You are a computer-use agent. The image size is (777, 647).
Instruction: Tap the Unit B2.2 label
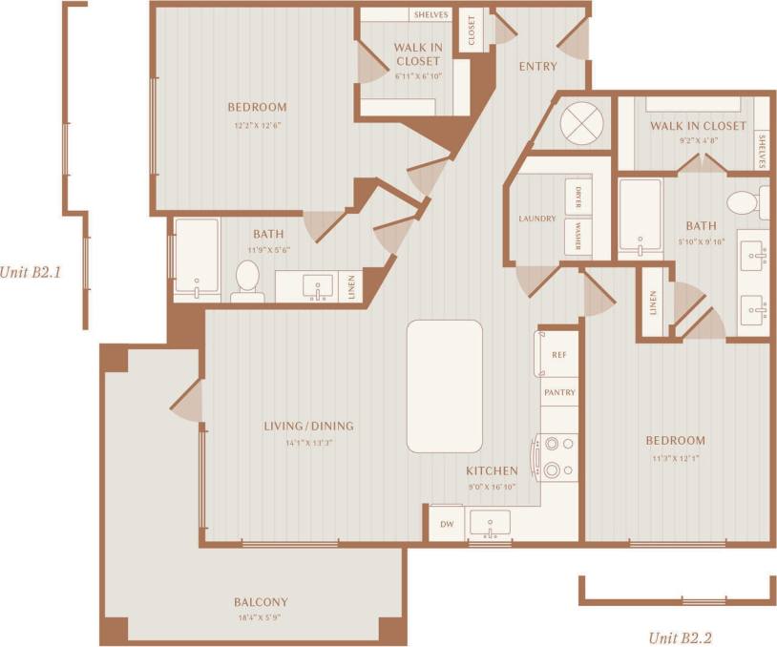tap(681, 637)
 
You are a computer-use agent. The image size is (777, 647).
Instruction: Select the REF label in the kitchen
tap(559, 355)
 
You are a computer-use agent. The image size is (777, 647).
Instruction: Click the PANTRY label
tap(559, 392)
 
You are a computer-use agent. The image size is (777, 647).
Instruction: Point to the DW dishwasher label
tap(446, 524)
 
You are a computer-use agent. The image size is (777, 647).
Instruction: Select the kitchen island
tap(444, 386)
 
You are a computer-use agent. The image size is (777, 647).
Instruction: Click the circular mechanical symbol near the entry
tap(577, 121)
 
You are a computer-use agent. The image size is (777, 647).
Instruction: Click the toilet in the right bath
tap(742, 203)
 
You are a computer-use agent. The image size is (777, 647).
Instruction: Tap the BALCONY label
tap(261, 602)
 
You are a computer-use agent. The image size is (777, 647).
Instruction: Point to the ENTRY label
tap(537, 67)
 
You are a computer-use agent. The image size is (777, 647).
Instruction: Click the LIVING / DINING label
tap(309, 426)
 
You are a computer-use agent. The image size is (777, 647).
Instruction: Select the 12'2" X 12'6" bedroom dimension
tap(257, 124)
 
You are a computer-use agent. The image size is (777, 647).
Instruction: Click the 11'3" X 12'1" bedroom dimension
tap(675, 458)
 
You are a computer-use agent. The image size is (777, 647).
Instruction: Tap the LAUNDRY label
tap(537, 219)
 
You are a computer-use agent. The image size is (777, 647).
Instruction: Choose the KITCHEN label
tap(492, 470)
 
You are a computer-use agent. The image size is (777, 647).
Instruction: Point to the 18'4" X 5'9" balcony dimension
tap(261, 618)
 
